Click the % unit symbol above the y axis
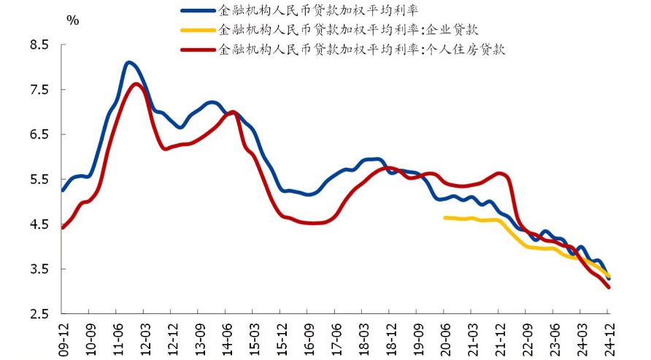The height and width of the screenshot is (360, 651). (73, 20)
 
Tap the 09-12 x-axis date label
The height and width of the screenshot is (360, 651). (63, 337)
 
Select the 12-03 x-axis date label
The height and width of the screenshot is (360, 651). (145, 337)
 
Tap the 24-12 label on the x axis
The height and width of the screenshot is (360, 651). (608, 337)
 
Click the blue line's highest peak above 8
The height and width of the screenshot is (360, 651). (129, 63)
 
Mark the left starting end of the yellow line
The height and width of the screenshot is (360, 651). (444, 217)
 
